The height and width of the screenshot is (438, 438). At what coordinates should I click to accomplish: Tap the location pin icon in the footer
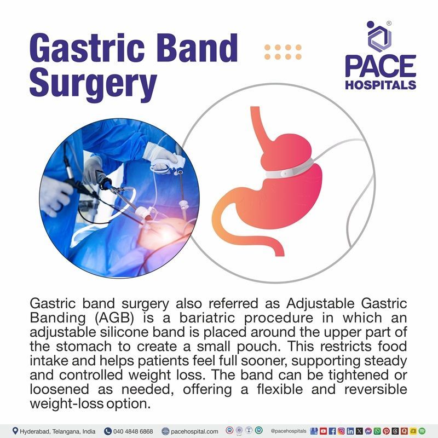tap(15, 431)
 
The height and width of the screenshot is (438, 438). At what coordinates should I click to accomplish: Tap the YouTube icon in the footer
tap(323, 431)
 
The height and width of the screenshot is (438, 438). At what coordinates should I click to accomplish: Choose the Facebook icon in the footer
tap(332, 431)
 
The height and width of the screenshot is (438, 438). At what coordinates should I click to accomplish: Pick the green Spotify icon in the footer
tap(422, 431)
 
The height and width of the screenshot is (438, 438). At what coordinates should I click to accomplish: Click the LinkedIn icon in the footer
tap(350, 431)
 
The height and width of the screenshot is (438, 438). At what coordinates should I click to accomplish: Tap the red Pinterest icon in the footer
tap(386, 431)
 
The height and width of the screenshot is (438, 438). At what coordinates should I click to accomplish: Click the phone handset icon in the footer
tap(108, 431)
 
